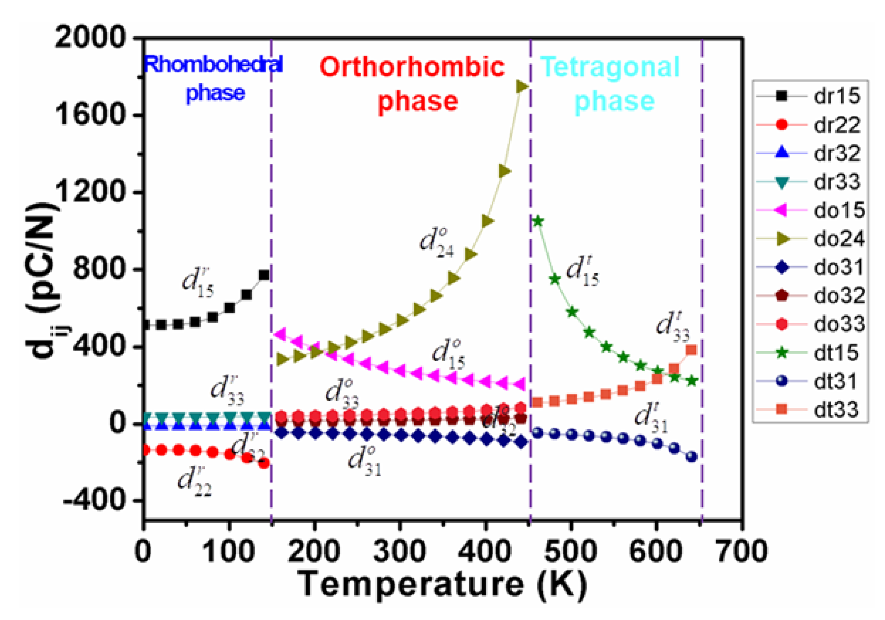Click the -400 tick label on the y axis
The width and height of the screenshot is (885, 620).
click(95, 500)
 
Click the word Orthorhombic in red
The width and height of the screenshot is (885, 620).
click(412, 67)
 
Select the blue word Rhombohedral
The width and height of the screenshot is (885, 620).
click(213, 64)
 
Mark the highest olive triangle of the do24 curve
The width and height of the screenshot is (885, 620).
click(522, 86)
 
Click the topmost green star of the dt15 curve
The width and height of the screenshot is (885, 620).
click(538, 221)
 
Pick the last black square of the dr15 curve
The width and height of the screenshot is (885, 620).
click(264, 275)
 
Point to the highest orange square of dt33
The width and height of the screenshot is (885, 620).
click(691, 350)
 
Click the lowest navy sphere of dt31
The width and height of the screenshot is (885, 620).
click(691, 457)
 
